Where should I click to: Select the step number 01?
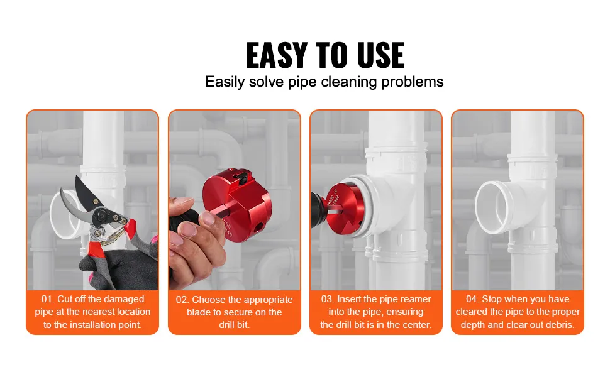coord(48,299)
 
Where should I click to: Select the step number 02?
coord(182,300)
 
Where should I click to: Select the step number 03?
coord(327,299)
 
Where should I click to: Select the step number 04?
coord(472,299)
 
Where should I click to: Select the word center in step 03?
coord(416,325)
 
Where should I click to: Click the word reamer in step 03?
coord(416,299)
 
